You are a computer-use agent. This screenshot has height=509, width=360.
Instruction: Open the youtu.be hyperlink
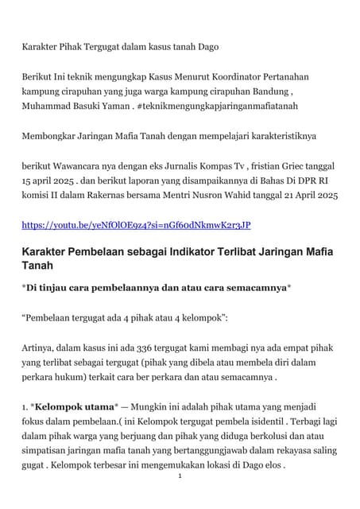point(136,225)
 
